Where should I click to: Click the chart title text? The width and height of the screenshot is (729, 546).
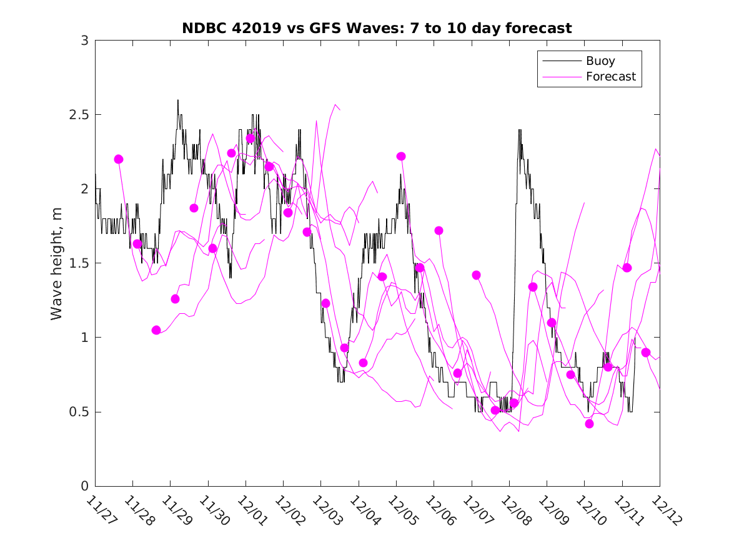377,28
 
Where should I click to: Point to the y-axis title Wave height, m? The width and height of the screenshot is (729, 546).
57,263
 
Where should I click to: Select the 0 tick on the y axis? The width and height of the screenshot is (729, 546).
84,486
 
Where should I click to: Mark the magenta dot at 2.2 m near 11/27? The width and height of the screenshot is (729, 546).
119,159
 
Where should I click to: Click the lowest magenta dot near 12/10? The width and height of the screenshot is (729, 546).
589,424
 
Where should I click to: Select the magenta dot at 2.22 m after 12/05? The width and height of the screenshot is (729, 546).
401,156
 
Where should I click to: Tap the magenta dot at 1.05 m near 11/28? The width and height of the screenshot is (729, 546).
156,330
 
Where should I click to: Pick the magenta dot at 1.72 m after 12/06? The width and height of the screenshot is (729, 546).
439,230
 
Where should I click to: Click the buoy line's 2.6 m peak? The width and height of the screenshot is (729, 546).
177,100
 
